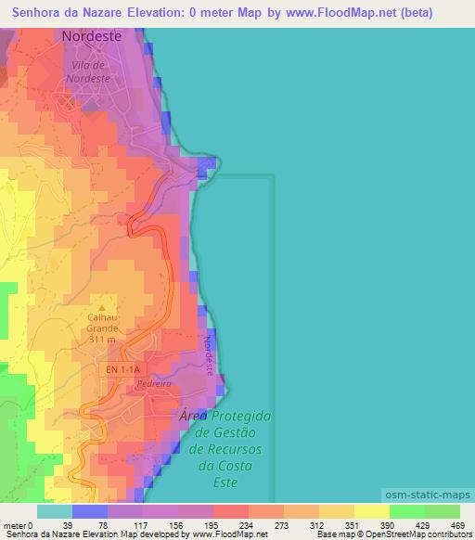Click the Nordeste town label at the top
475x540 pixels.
point(92,36)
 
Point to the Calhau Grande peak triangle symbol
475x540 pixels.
point(102,307)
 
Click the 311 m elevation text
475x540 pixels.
point(102,340)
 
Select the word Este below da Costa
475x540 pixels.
point(224,482)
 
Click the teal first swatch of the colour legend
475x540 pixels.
point(54,511)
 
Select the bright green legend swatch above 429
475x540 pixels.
point(407,511)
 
